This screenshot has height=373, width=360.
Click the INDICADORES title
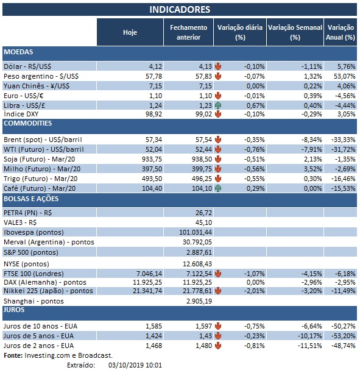tap(180, 9)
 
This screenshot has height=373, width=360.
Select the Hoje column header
tap(130, 32)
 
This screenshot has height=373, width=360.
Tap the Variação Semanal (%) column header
tap(295, 32)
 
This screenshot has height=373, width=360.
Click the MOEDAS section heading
tap(18, 52)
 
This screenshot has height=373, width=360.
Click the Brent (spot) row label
tap(39, 139)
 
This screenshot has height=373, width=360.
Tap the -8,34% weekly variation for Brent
tap(309, 139)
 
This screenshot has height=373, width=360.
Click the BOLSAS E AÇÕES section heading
tap(29, 199)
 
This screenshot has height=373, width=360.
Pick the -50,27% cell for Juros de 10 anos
tap(342, 326)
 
